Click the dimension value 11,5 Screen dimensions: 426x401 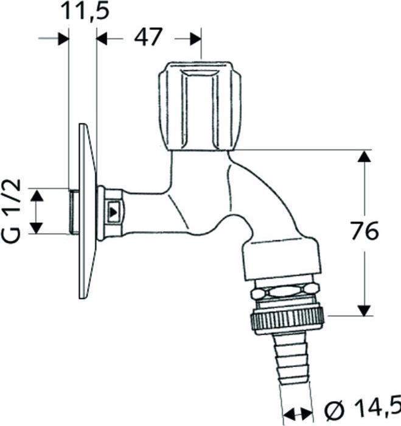pos(82,12)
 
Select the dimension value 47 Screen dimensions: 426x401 pos(148,38)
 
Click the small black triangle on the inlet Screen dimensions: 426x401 pos(114,212)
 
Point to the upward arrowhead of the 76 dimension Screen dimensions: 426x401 pos(364,157)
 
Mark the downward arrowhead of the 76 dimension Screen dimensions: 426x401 pos(364,309)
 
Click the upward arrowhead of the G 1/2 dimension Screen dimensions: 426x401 pos(37,195)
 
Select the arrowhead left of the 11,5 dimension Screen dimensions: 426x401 pos(61,38)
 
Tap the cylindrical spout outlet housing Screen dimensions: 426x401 pos(281,259)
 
